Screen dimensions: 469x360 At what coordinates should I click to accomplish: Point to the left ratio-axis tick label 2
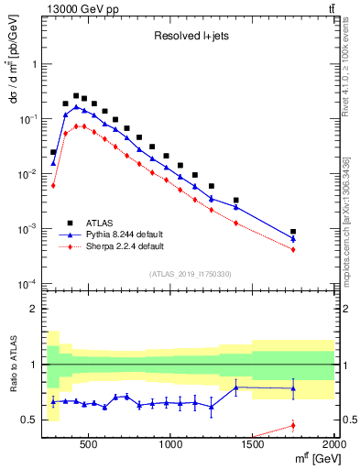pyautogui.click(x=33, y=309)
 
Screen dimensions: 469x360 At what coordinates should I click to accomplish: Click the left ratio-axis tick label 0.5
pyautogui.click(x=29, y=420)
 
